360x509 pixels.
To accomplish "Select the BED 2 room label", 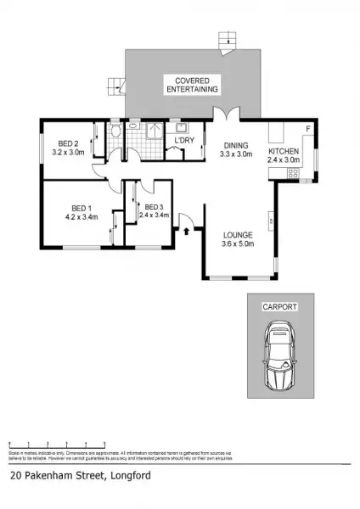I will [x=69, y=142].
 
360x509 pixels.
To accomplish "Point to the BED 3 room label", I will [x=154, y=207].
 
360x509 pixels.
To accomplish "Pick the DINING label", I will [x=236, y=145].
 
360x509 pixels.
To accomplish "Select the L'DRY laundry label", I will [x=184, y=140].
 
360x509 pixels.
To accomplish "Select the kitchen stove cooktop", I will [x=293, y=173].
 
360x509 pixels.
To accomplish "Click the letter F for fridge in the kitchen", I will [x=307, y=128].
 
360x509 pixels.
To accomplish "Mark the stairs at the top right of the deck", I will [x=226, y=40].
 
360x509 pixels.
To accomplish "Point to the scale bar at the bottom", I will [x=57, y=445].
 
